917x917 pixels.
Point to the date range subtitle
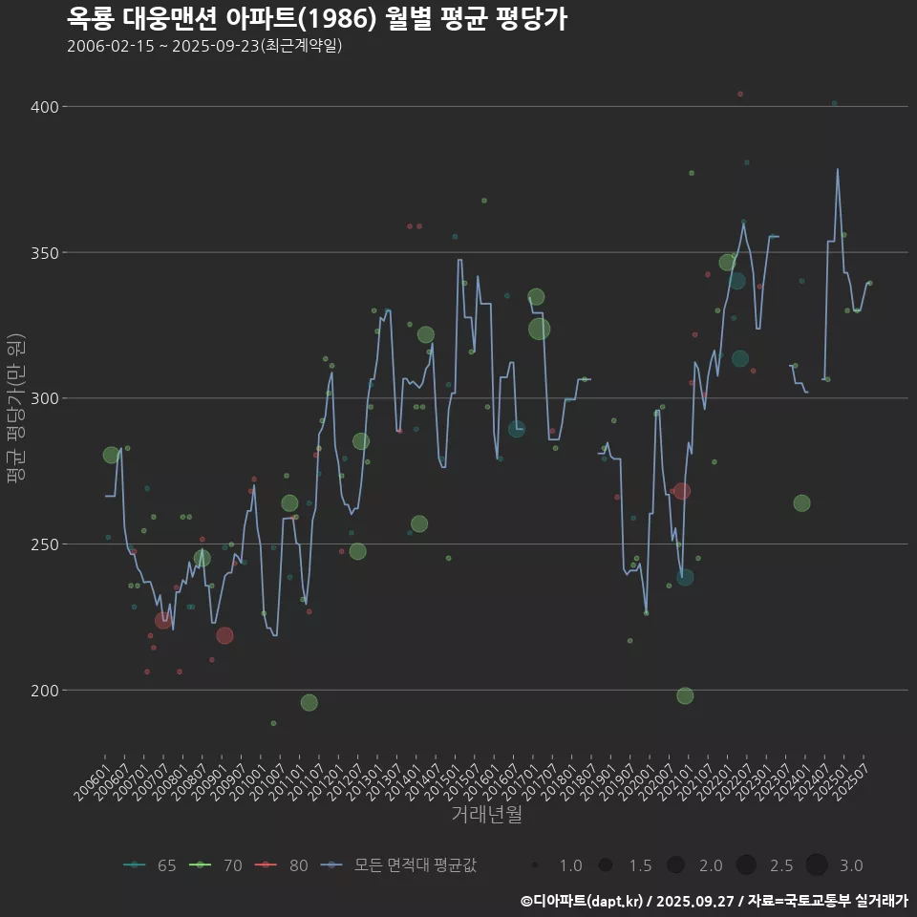[204, 46]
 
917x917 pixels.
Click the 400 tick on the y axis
[44, 107]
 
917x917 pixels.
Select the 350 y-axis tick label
[44, 253]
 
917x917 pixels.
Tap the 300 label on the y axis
[44, 398]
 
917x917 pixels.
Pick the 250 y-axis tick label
[44, 544]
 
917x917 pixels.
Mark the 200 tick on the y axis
[44, 690]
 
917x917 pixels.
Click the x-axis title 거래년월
[486, 815]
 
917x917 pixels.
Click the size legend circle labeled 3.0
[816, 865]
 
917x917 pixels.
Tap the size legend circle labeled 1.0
[536, 865]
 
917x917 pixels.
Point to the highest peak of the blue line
[838, 170]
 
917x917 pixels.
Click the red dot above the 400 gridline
[740, 94]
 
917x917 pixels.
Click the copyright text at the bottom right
[714, 901]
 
